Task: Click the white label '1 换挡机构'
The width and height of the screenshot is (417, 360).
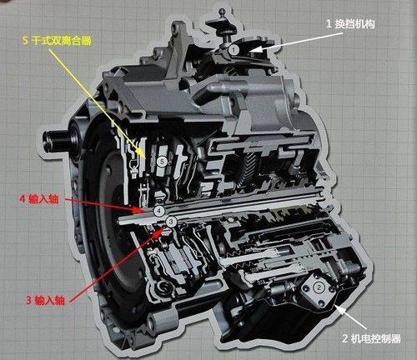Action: tap(350, 24)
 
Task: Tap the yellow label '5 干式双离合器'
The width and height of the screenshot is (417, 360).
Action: tap(58, 41)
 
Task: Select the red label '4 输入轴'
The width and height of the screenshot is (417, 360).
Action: tap(39, 199)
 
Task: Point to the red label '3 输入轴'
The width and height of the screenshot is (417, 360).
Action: tap(45, 300)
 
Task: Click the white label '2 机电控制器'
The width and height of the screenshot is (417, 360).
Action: tap(371, 338)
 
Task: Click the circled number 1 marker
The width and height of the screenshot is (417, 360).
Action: tap(234, 50)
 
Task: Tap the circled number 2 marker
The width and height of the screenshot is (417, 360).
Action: tap(319, 287)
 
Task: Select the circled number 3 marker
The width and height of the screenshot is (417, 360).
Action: tap(171, 222)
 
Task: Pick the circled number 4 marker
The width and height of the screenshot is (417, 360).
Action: tap(159, 211)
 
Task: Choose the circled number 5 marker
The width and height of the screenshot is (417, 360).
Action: tap(162, 162)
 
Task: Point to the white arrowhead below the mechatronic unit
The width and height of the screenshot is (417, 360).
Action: tap(339, 309)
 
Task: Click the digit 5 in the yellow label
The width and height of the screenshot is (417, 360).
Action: tap(26, 41)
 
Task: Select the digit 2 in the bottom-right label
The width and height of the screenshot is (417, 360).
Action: tap(344, 339)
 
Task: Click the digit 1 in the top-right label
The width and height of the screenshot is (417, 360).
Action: tap(329, 24)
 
